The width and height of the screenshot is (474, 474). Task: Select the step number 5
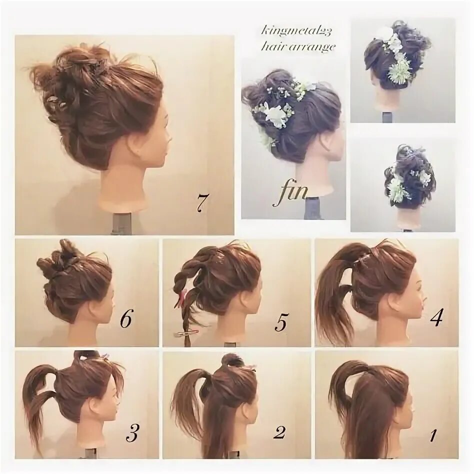tap(280, 323)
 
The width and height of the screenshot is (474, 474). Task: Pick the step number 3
tap(131, 433)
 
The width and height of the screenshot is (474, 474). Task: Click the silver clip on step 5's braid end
tap(186, 332)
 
